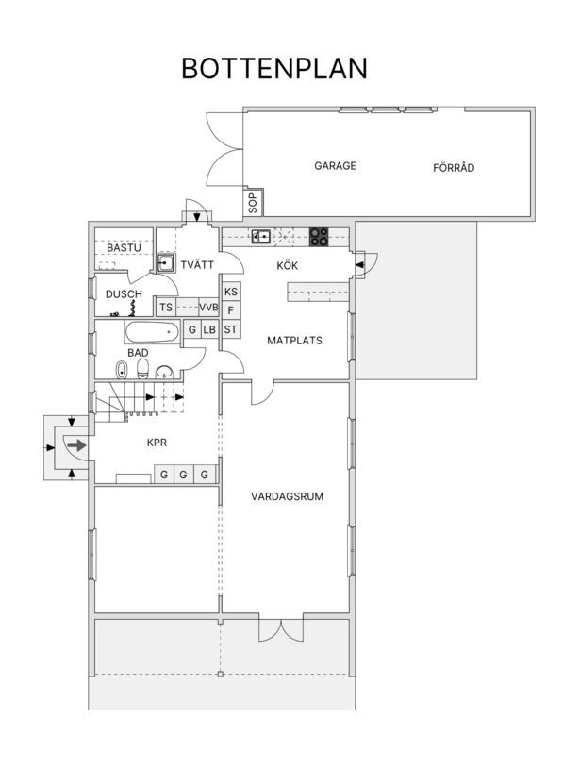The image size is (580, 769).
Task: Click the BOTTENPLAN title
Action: tap(274, 69)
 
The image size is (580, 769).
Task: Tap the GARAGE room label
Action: tap(336, 166)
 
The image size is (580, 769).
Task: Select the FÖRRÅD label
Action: tap(454, 167)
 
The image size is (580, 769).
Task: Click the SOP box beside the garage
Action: tap(253, 203)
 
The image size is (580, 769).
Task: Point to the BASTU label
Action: tap(124, 247)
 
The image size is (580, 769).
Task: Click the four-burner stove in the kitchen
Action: tap(319, 238)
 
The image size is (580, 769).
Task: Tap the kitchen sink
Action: tap(261, 237)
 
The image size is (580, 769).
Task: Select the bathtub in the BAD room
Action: tap(152, 332)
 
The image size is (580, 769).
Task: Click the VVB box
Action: tap(208, 307)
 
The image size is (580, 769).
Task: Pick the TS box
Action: tap(166, 307)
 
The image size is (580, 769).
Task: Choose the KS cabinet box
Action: tap(231, 292)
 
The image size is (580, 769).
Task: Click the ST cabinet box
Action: tap(231, 329)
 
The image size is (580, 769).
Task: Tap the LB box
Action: tap(209, 329)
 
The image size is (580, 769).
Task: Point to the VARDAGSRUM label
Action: tap(288, 496)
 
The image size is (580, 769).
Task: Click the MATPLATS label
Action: tap(294, 341)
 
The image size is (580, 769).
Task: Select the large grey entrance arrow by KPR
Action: tap(76, 445)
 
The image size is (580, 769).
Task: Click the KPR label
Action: tap(157, 443)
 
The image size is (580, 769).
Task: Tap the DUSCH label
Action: tap(124, 294)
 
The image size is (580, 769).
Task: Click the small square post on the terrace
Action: tap(220, 674)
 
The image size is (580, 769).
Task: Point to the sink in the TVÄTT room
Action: tap(166, 263)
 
